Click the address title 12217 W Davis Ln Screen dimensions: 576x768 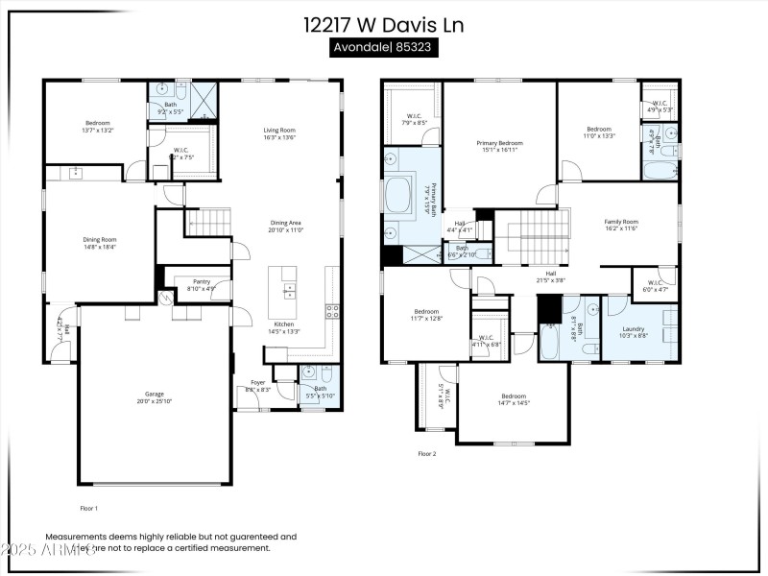click(x=383, y=25)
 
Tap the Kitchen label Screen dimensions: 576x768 click(x=284, y=324)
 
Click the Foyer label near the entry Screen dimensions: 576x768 click(x=257, y=382)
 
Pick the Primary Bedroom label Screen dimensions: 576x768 click(x=499, y=143)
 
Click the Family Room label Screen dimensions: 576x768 click(x=620, y=222)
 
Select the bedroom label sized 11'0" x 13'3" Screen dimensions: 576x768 click(x=599, y=129)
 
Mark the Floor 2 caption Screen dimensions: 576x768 click(x=427, y=453)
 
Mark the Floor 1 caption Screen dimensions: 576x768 click(x=88, y=507)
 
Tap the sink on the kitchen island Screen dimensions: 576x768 click(x=289, y=289)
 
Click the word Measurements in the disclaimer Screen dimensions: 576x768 click(x=76, y=538)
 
